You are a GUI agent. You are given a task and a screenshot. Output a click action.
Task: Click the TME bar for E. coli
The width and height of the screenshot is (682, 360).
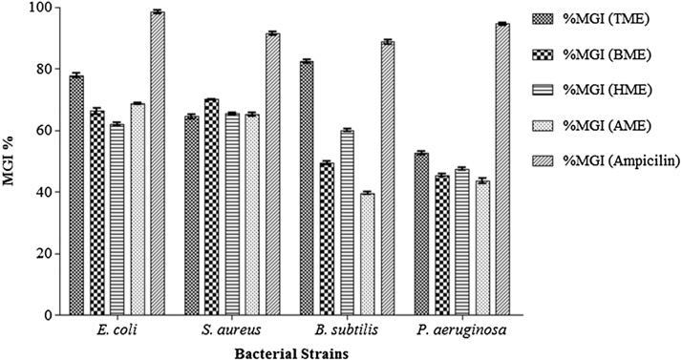(76, 195)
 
